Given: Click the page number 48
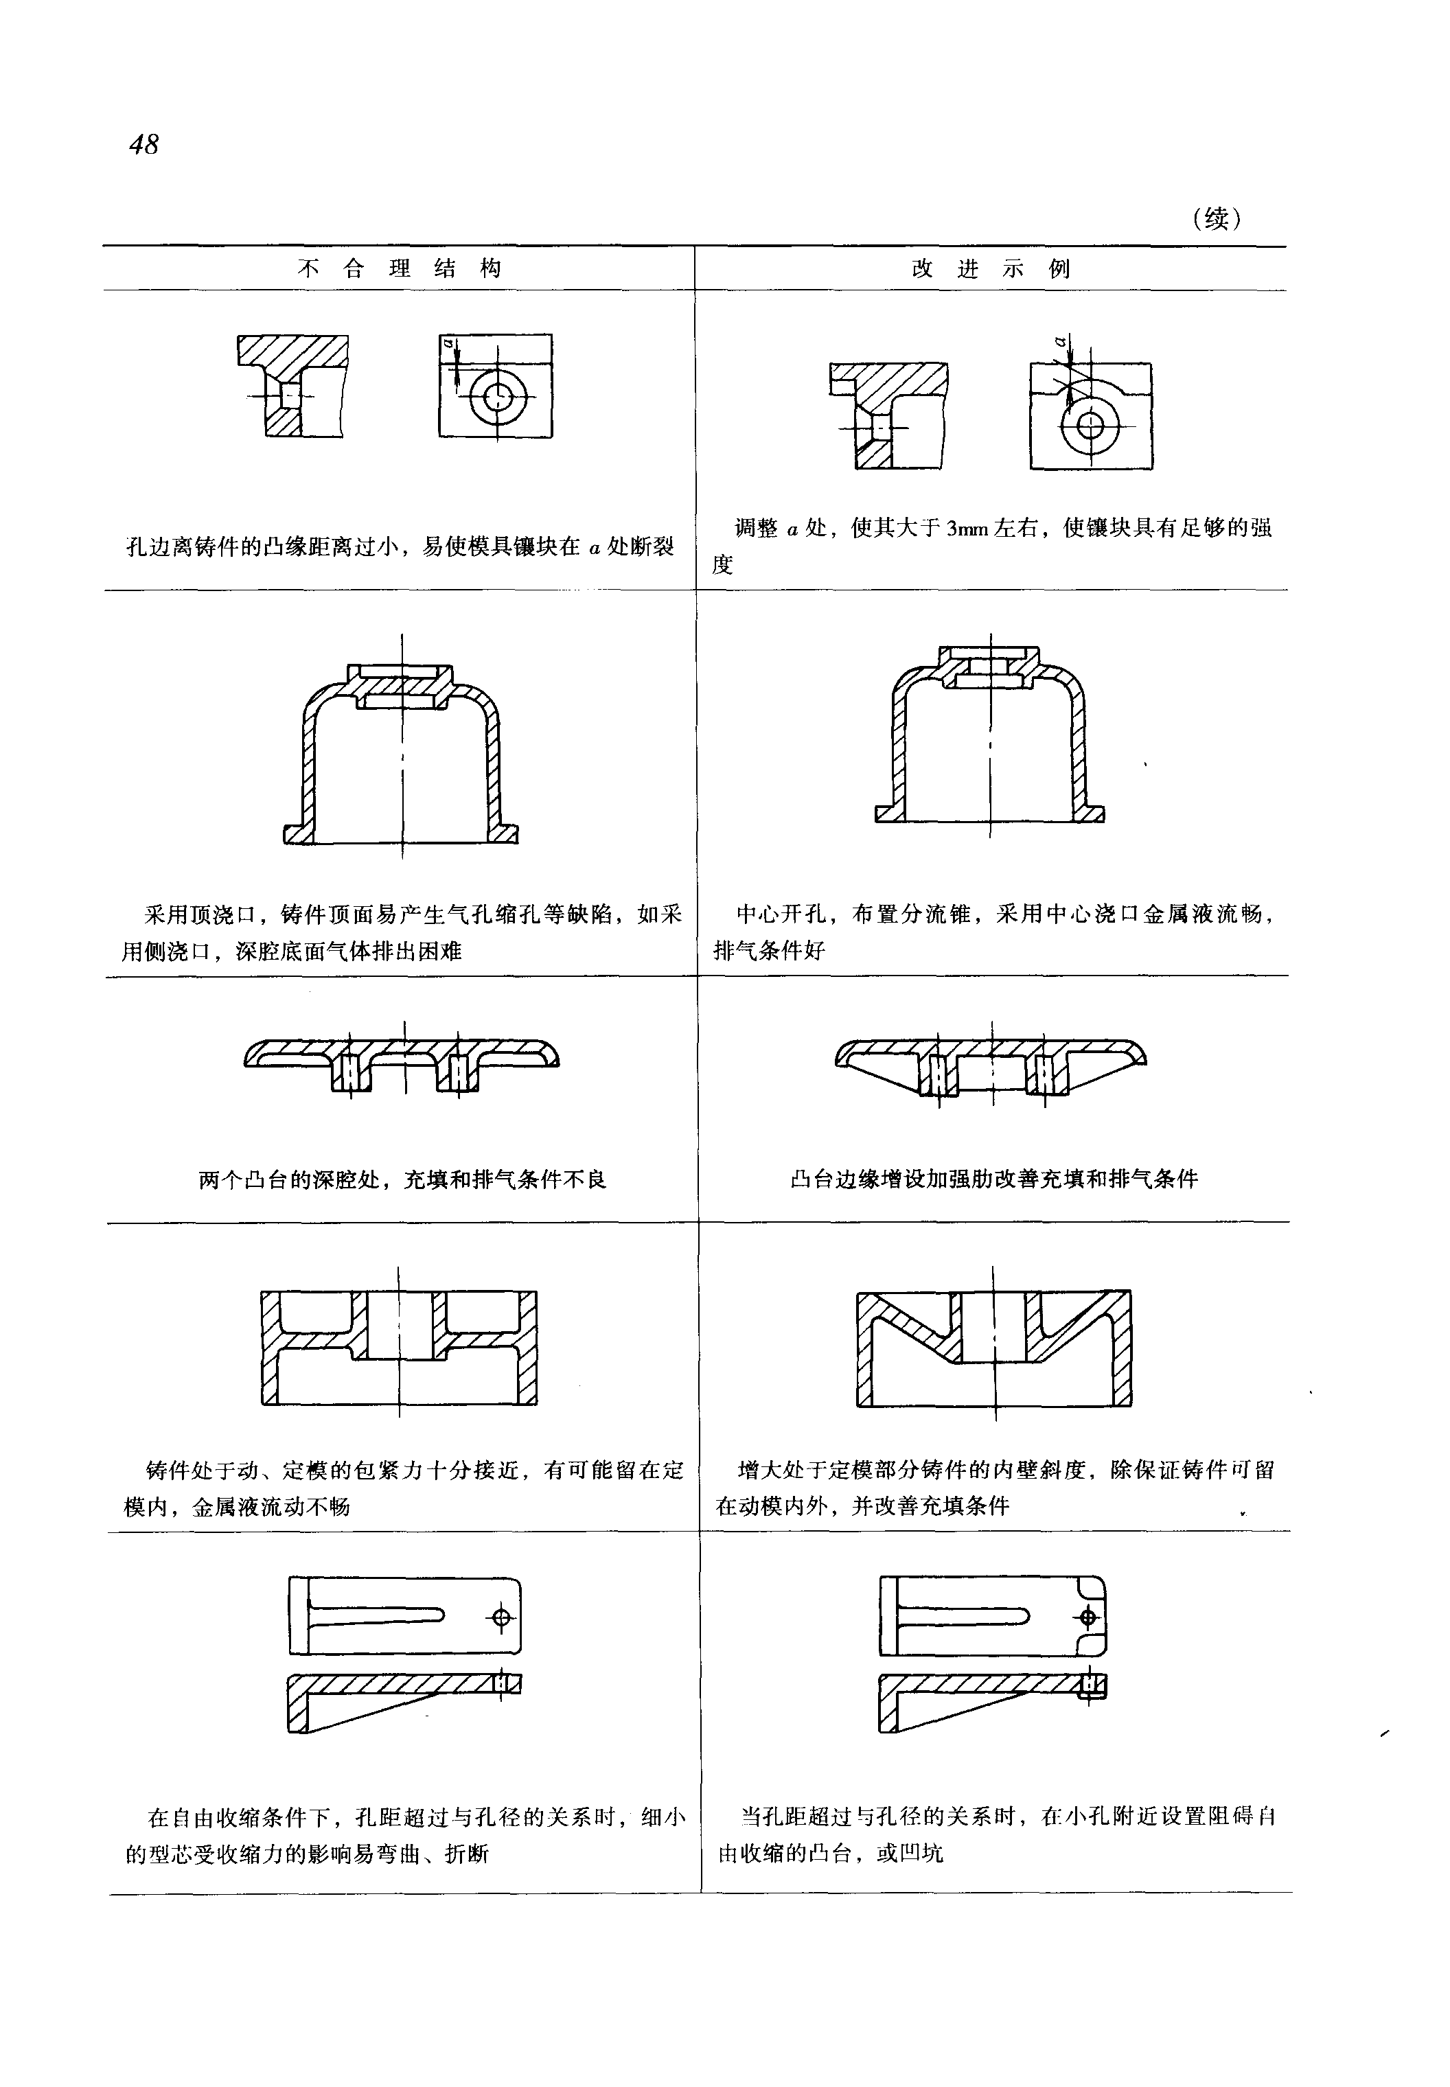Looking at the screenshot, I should (144, 144).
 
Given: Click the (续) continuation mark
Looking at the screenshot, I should (1216, 218).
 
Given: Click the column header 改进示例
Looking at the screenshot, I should (991, 269).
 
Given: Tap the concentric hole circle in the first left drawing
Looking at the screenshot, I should (497, 396).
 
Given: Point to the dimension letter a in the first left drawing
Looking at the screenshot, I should (448, 343).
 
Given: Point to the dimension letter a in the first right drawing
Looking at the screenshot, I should (1060, 342).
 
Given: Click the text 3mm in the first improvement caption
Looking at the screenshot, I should (966, 529).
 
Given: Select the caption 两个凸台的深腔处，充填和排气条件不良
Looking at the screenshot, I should (402, 1180).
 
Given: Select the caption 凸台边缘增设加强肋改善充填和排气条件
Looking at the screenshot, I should (994, 1179).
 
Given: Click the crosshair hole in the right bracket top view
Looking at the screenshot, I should (1087, 1617).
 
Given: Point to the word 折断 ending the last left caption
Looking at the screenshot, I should (467, 1854).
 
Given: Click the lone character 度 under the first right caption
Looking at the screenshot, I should (722, 565).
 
